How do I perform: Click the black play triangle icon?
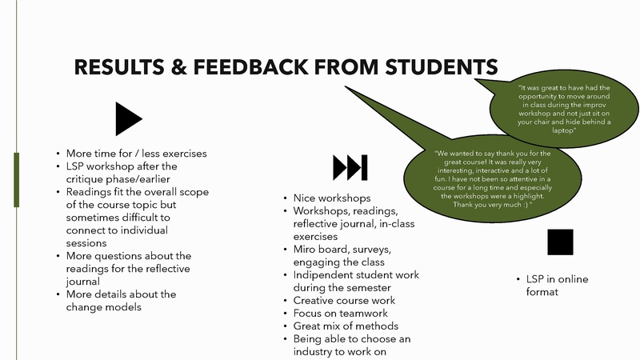(x=126, y=118)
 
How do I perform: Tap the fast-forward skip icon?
(x=350, y=167)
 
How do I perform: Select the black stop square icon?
(x=560, y=242)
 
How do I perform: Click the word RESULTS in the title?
(x=119, y=67)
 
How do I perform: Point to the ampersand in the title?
(x=178, y=67)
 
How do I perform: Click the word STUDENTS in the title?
(x=442, y=67)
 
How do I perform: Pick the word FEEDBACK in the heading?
(x=250, y=67)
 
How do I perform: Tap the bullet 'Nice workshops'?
(x=332, y=198)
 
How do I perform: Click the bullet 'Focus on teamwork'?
(x=341, y=313)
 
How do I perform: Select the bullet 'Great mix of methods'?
(x=346, y=326)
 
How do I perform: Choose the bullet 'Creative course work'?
(x=344, y=301)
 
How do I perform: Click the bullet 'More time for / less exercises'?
(x=136, y=154)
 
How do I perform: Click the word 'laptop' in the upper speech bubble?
(x=563, y=130)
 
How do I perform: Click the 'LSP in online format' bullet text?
(x=557, y=286)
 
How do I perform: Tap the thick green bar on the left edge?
(x=16, y=180)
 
